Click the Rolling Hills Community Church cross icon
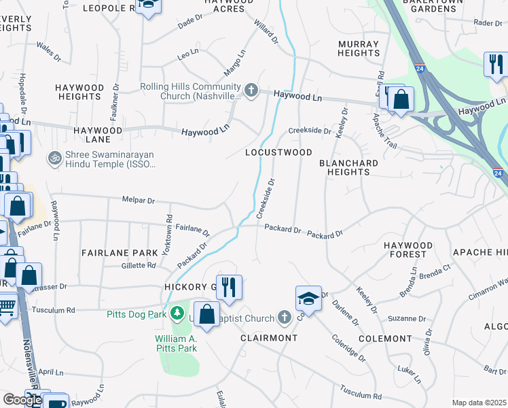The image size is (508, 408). tap(251, 90)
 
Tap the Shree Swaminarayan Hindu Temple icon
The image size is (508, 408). tap(54, 158)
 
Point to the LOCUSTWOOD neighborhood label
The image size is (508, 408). tap(278, 153)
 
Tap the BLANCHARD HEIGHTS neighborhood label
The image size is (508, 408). tap(348, 167)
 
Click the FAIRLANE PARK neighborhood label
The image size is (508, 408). tap(110, 252)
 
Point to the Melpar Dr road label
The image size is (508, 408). tap(139, 201)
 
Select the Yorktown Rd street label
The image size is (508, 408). tap(168, 231)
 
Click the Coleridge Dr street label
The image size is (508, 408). tap(349, 347)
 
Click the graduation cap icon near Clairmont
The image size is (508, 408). tap(308, 298)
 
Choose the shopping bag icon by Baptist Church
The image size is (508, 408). tap(207, 313)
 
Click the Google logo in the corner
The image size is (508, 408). tap(22, 400)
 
